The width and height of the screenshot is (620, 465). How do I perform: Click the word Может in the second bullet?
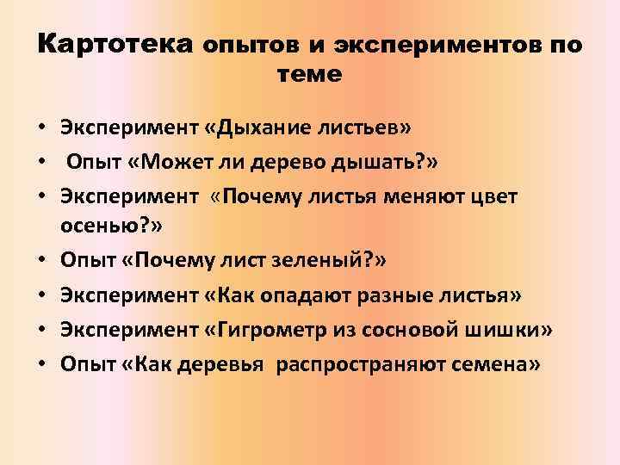tap(193, 163)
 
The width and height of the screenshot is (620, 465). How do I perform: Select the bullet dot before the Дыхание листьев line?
tap(42, 130)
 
